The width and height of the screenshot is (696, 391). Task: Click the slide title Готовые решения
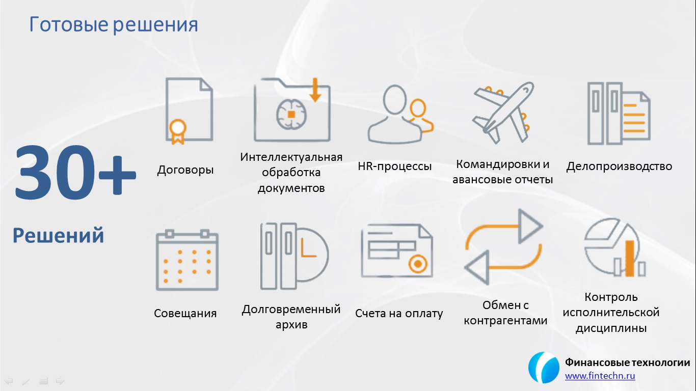114,25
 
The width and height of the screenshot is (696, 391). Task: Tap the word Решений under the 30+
58,235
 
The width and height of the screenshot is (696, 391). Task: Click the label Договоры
185,170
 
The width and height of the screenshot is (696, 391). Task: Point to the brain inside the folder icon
291,114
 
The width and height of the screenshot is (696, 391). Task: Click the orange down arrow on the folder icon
315,90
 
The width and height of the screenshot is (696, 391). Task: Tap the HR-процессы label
394,166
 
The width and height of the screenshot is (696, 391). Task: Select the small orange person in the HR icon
419,116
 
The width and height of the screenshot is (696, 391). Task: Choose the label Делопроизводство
619,166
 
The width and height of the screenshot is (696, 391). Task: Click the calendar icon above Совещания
187,260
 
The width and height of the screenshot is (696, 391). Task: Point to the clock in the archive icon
312,255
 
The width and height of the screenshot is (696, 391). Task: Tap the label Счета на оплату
399,313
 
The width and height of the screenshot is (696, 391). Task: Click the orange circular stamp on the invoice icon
418,264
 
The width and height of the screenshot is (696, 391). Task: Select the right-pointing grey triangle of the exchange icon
530,226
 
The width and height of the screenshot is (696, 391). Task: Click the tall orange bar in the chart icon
629,258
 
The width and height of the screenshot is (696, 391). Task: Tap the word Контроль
611,297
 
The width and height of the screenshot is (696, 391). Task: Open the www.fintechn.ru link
600,376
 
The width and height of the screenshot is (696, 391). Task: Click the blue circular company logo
544,368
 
